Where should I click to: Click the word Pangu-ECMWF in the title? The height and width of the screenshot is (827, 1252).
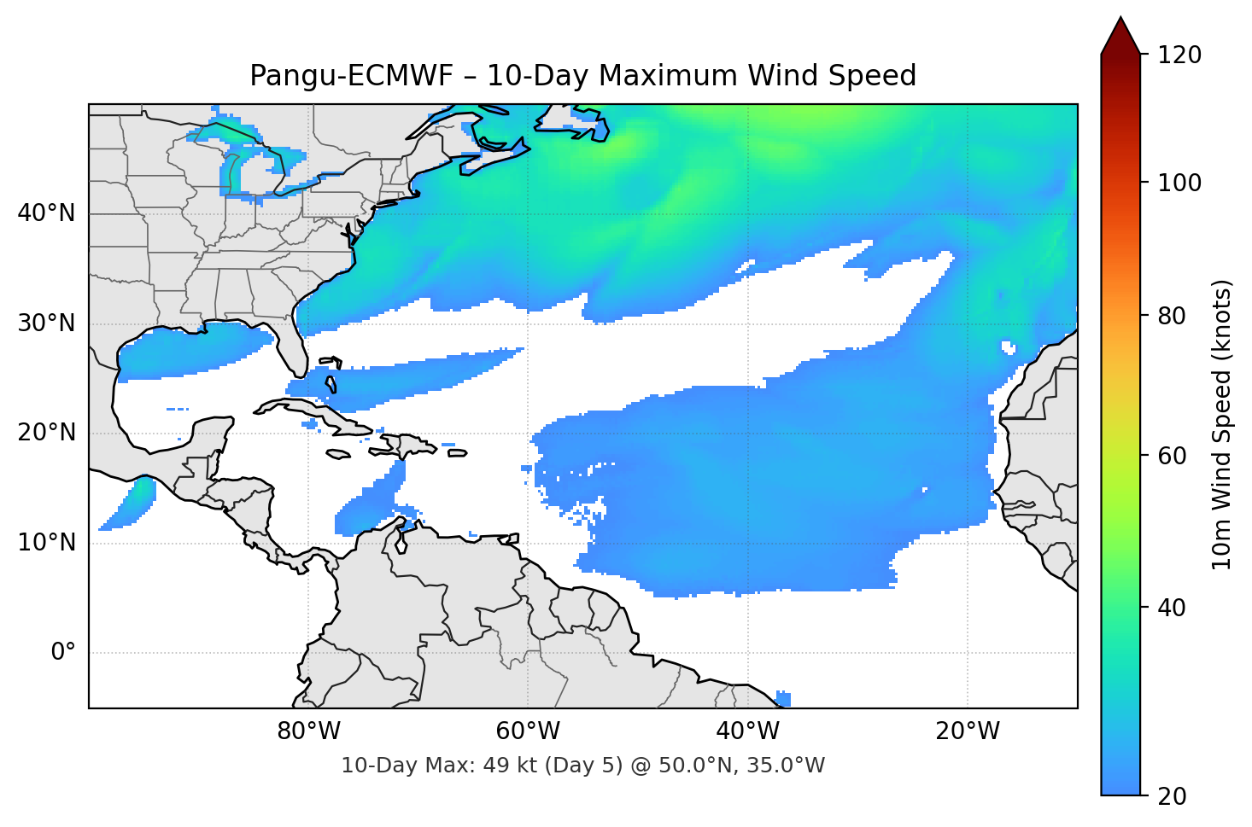[x=351, y=76]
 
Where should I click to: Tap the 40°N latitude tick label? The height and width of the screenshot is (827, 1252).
[x=46, y=213]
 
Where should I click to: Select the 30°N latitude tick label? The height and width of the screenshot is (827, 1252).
[x=46, y=323]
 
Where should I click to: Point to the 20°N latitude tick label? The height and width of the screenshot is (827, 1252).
[x=46, y=433]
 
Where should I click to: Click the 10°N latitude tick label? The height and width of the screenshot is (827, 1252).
[x=46, y=543]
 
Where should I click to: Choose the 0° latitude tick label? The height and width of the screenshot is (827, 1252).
[x=62, y=653]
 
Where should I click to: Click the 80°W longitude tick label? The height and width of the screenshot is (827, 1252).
[x=308, y=731]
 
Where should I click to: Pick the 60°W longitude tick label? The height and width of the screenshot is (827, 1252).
[x=528, y=731]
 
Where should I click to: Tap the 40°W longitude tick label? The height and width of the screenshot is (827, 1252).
[x=747, y=731]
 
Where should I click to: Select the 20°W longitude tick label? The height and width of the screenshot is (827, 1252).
[x=967, y=731]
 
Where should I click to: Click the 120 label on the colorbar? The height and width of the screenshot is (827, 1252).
[x=1179, y=55]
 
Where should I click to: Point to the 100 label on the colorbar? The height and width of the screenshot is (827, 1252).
[x=1179, y=183]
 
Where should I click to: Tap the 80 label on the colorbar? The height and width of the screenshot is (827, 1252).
[x=1172, y=316]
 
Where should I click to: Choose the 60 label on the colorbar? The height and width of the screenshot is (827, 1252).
[x=1172, y=456]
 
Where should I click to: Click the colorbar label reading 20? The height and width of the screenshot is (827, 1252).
[x=1172, y=796]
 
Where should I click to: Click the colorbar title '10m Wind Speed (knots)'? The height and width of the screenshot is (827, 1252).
[x=1222, y=424]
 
